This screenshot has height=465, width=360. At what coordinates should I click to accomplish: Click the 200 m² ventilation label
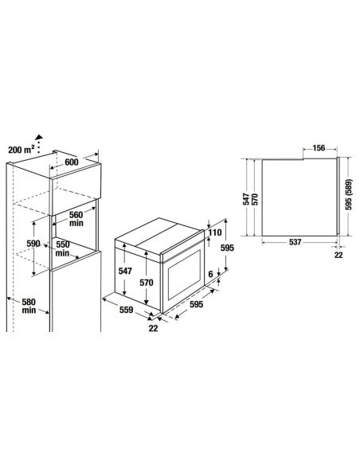22,150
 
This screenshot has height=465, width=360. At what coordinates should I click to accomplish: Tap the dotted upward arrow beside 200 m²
38,144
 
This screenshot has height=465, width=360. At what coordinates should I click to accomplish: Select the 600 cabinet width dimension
72,162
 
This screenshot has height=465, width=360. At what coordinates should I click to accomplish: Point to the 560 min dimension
76,218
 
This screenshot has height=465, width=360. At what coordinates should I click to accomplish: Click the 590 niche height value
33,244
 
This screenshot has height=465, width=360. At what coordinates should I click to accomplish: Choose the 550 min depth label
63,248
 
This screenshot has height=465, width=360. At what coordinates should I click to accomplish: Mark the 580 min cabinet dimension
29,306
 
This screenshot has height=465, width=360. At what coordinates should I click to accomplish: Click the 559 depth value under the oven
127,310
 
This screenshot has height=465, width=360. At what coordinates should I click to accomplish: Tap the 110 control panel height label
215,232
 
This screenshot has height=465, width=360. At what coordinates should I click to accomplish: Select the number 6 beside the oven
210,274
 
